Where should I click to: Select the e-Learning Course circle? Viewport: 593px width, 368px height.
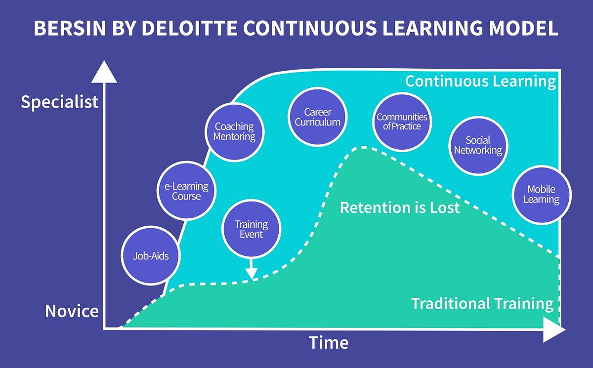tap(186, 192)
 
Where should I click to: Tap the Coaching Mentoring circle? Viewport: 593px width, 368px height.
tap(234, 132)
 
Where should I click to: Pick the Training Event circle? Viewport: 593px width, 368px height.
tap(251, 229)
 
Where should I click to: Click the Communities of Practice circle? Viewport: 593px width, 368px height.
tap(402, 122)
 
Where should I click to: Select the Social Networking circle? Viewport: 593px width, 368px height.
tap(477, 145)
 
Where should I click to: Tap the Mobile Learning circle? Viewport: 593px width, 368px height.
tap(541, 194)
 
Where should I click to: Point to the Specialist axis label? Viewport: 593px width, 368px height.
tap(59, 102)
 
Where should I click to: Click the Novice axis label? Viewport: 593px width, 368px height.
tap(72, 311)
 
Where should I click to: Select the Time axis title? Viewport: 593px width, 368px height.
tap(329, 342)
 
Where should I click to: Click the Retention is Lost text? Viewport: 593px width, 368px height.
tap(400, 207)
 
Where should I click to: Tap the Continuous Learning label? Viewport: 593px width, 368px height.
tap(480, 82)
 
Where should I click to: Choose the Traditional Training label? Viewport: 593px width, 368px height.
tap(482, 303)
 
